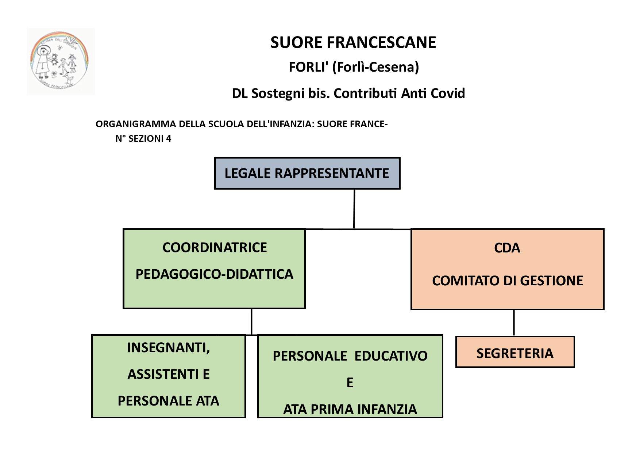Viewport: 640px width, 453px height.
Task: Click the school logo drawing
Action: [x=60, y=61]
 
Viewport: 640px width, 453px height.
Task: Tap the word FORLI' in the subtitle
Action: [x=309, y=67]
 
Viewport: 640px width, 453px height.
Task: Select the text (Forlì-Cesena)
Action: [x=375, y=67]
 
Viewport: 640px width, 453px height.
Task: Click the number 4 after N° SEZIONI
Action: [x=169, y=139]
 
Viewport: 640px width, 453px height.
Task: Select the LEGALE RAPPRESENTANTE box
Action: [x=307, y=173]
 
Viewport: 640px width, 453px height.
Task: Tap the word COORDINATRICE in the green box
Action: [x=215, y=248]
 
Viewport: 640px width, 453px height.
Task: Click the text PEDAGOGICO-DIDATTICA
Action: [x=215, y=274]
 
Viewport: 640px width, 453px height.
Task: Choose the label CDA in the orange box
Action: [x=507, y=248]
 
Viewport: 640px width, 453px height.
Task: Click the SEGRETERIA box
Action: [x=515, y=353]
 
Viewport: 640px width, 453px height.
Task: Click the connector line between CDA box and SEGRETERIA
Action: [x=514, y=323]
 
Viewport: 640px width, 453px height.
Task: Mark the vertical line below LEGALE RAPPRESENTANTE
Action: [x=354, y=209]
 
